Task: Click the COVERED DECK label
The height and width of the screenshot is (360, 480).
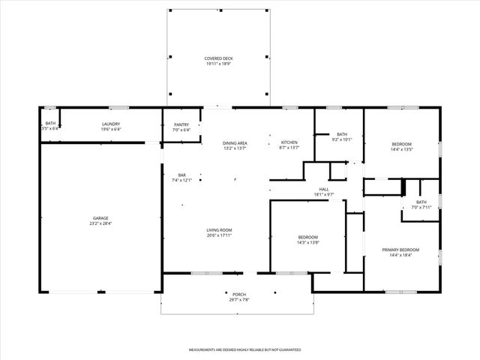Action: point(217,58)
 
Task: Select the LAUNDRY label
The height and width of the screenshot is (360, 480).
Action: point(111,124)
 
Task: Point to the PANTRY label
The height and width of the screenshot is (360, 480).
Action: point(181,124)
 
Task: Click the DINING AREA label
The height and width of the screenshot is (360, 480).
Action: point(235,142)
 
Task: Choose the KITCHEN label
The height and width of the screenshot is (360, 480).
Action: point(289,142)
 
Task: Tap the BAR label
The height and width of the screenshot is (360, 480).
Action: point(182,175)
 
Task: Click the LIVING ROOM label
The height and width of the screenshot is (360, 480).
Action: point(220,230)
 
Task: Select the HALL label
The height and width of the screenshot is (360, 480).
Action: point(324,189)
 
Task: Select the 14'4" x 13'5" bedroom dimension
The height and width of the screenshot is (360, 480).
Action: point(401,149)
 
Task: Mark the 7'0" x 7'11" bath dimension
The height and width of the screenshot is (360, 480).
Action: point(421,207)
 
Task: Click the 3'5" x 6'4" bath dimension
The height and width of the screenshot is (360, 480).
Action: point(50,129)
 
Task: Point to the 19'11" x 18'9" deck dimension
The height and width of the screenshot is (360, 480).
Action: point(217,63)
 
